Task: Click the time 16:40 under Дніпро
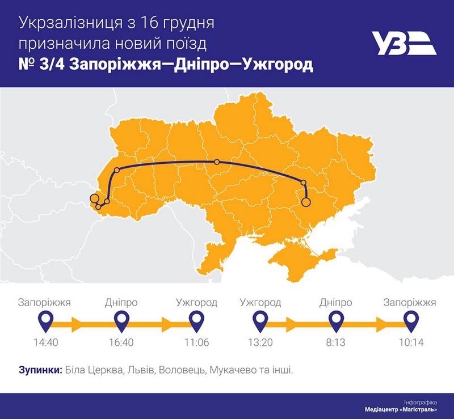[121, 342]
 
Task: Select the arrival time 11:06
[197, 342]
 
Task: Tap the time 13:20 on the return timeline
[260, 342]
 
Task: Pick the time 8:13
[335, 342]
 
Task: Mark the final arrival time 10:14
[411, 342]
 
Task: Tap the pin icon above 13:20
[260, 322]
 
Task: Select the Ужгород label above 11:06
[197, 302]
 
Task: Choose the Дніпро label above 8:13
[335, 302]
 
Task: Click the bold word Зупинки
[40, 370]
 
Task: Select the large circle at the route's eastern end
[306, 201]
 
